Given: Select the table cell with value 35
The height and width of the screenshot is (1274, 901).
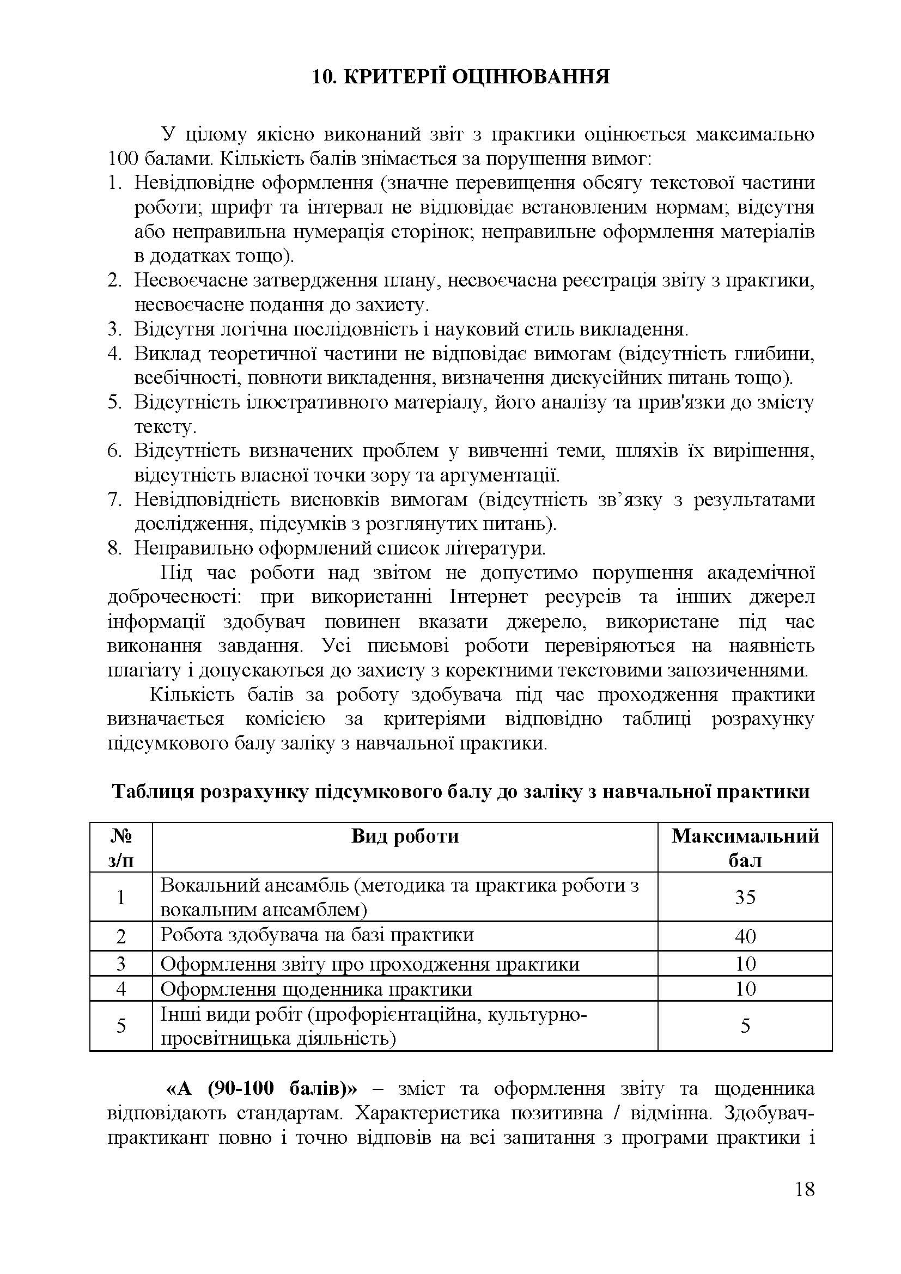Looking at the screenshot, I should pos(745,897).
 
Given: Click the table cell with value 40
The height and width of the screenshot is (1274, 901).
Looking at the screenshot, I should pos(745,937).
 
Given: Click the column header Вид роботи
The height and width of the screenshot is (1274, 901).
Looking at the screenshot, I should pos(405,836).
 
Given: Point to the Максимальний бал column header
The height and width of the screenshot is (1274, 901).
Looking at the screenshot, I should pos(745,848).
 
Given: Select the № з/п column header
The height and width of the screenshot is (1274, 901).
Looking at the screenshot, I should pos(121,848).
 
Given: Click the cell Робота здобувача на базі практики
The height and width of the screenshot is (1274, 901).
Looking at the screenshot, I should pos(317,936).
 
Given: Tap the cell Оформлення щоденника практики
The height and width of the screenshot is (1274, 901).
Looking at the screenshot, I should pos(316,989).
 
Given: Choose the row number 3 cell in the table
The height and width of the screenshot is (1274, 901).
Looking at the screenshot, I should pos(121,964).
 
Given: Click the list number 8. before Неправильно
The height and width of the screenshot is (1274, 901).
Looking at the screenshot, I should pos(114,549).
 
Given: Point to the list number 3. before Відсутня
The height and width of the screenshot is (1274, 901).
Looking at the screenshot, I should pos(114,330).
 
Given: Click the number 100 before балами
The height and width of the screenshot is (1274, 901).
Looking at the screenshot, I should pos(123,159).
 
